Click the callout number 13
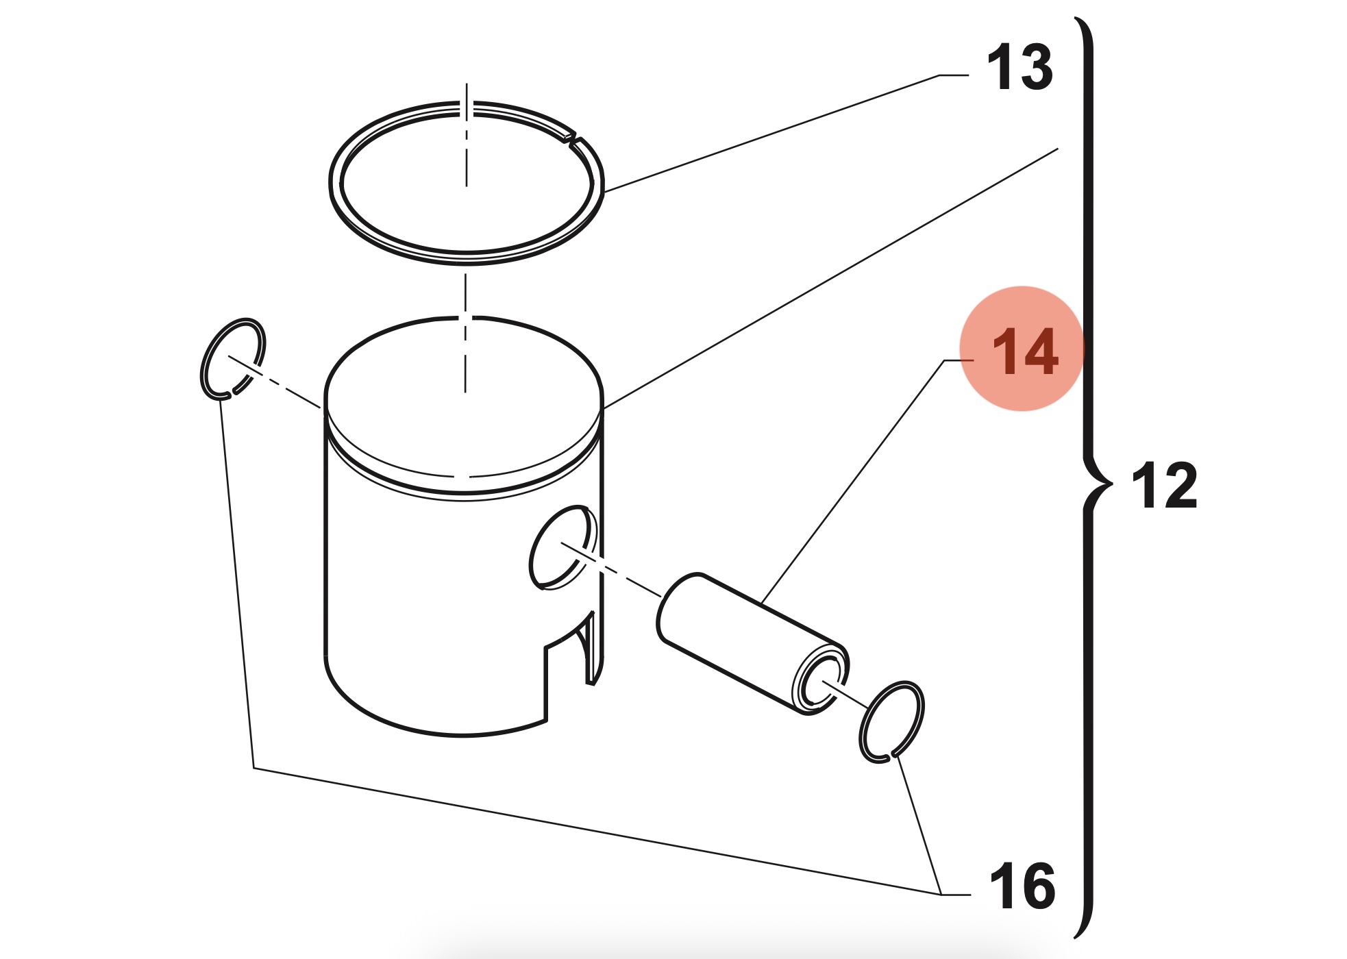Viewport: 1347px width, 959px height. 1019,67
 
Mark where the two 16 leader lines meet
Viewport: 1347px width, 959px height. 940,894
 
